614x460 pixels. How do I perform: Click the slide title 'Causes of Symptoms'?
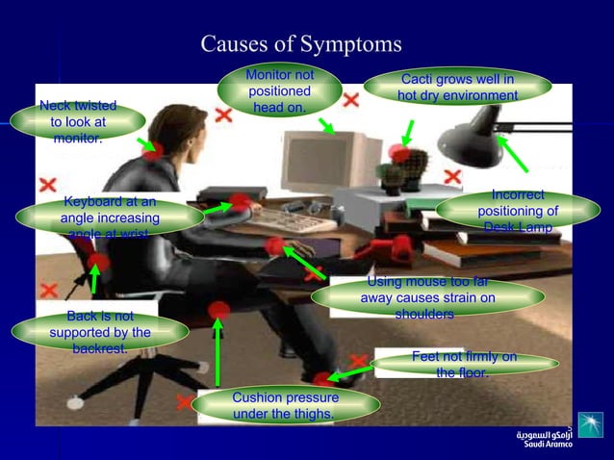pos(300,45)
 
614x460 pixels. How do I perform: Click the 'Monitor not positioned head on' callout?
pos(279,90)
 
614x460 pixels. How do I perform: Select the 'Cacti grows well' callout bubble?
pos(457,87)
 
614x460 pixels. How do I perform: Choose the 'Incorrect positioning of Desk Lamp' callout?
pos(518,211)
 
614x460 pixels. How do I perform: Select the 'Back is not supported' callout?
pos(100,332)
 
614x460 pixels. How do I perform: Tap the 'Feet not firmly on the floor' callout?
pos(464,364)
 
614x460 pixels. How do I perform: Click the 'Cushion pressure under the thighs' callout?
pos(285,405)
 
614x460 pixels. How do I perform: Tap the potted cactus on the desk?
pos(392,175)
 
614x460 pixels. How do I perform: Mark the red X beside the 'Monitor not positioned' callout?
pos(351,99)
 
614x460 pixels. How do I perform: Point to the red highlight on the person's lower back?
pos(97,262)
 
